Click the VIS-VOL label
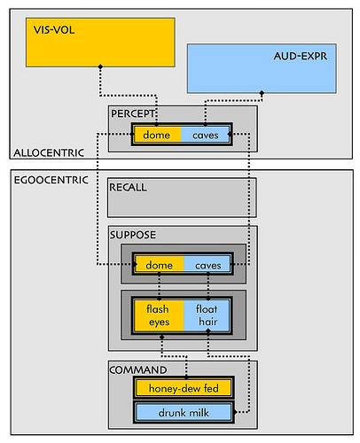click(54, 30)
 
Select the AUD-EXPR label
click(301, 56)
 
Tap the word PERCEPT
click(133, 113)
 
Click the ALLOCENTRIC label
click(49, 152)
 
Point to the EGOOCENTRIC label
click(51, 180)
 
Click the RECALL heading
click(128, 187)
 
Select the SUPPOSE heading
click(133, 235)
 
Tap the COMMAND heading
click(138, 369)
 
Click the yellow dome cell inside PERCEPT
click(157, 135)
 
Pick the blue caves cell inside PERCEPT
click(205, 135)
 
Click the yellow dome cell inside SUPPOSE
click(160, 265)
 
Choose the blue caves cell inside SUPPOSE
click(207, 265)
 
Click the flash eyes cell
click(160, 315)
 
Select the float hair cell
click(207, 315)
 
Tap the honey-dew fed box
click(184, 388)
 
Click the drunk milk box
click(184, 412)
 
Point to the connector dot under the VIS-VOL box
click(100, 66)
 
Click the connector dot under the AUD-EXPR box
click(262, 93)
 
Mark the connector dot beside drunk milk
click(235, 412)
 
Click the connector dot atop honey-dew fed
click(186, 377)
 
